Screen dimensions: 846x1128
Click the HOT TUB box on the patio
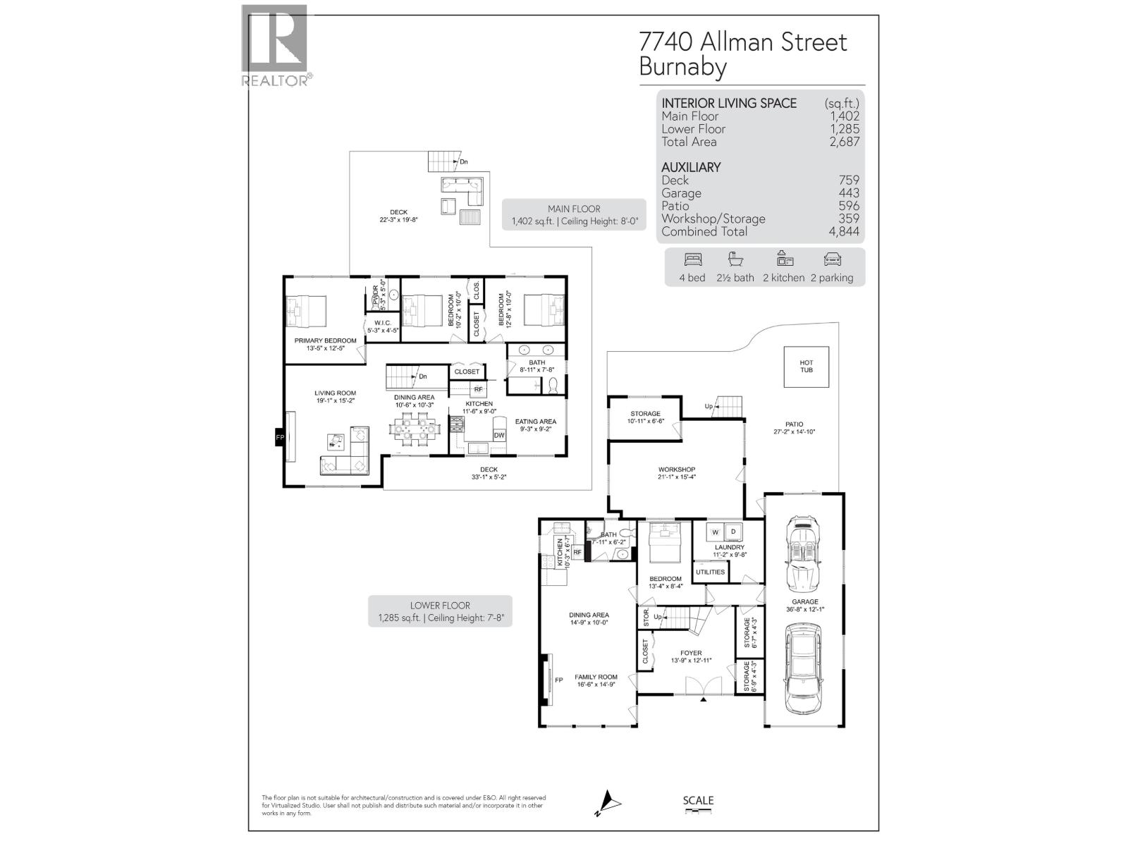806,367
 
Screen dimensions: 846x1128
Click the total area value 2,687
844,142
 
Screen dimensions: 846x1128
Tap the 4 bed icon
692,259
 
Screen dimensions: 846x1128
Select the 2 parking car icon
832,259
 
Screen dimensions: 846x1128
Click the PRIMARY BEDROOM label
325,341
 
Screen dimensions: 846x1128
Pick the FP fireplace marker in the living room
280,438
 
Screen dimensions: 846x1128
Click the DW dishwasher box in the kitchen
499,436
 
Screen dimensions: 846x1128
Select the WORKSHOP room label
676,470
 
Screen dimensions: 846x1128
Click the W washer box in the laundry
715,532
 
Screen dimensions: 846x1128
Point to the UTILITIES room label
710,572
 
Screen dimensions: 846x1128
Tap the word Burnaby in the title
682,67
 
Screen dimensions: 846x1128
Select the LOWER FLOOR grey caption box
440,611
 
